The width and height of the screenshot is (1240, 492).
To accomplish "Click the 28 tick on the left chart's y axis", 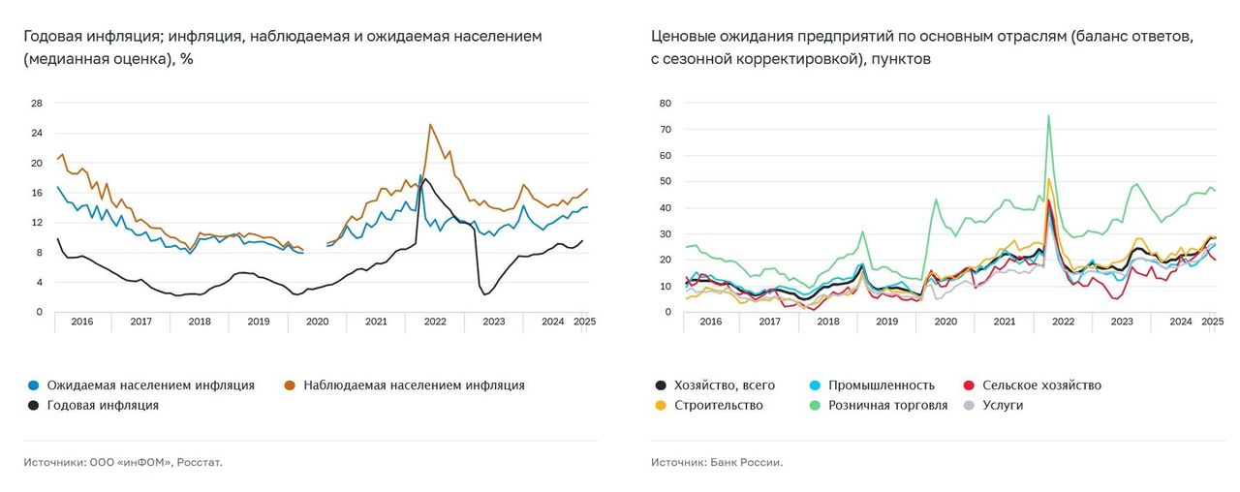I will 37,103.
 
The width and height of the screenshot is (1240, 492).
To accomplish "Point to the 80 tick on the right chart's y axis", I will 665,103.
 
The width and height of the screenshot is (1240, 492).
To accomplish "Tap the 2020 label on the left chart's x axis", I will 318,321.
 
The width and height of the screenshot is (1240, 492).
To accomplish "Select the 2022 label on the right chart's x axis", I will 1063,321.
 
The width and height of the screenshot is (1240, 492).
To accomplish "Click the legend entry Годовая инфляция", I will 102,406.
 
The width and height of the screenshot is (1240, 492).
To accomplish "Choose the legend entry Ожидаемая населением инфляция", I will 150,385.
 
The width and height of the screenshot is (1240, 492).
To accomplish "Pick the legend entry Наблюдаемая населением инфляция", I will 414,385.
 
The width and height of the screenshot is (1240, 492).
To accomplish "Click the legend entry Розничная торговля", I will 887,406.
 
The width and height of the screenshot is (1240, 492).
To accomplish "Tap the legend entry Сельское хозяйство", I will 1041,385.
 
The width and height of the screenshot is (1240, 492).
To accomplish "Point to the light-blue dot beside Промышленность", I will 815,385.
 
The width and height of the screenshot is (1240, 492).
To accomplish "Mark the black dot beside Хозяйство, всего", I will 660,385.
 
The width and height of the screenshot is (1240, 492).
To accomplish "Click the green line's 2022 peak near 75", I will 1048,116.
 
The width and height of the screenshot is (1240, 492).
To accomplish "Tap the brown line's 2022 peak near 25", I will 430,124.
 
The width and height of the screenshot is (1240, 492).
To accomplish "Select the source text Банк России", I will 748,462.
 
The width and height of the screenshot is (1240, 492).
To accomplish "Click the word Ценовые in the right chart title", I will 684,36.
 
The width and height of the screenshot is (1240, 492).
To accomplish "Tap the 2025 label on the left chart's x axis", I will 585,321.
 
